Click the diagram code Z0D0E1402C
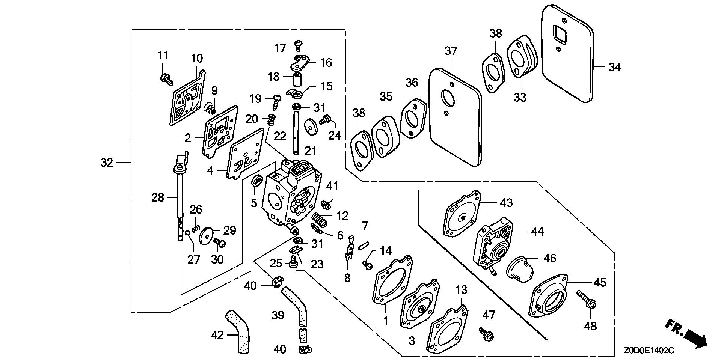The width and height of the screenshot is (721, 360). [649, 351]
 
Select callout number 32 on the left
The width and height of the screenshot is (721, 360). [107, 163]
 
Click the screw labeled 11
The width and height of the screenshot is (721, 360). [166, 78]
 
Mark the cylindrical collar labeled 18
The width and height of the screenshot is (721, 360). [298, 80]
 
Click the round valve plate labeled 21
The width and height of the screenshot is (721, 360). [311, 126]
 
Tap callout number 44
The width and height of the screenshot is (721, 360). [537, 232]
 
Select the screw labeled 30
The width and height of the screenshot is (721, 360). [219, 243]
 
